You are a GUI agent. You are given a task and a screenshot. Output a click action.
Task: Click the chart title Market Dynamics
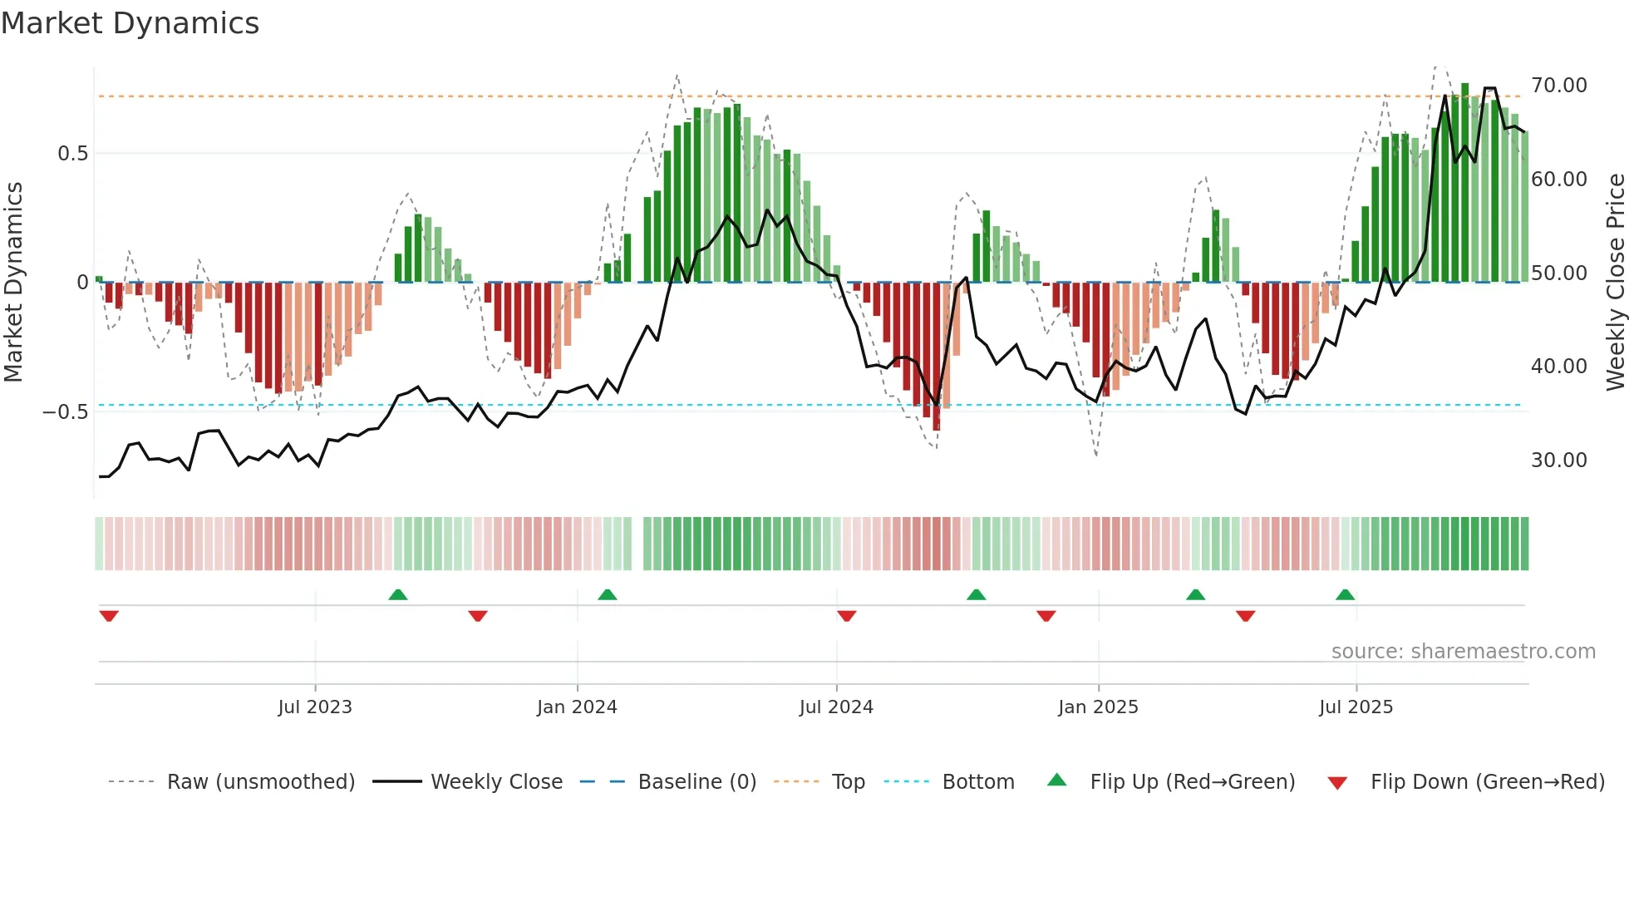[x=130, y=23]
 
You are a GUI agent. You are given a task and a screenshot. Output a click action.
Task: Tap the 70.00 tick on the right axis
[x=1558, y=86]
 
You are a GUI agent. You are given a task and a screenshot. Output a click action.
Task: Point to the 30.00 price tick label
[x=1558, y=460]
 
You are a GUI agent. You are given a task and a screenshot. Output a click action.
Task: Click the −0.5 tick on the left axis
[x=65, y=412]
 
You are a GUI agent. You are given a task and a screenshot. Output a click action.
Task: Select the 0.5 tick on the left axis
[x=72, y=154]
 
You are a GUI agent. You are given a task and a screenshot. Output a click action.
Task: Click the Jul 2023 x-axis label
[x=315, y=707]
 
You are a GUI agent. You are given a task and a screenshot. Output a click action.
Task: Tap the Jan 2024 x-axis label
[x=577, y=707]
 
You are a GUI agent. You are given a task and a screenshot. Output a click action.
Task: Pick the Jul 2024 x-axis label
[x=836, y=707]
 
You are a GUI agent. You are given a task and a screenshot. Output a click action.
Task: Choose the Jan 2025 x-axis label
[x=1098, y=707]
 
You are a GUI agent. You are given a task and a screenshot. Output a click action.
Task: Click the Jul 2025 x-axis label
[x=1356, y=707]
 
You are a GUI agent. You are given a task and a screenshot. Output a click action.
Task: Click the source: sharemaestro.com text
[x=1463, y=652]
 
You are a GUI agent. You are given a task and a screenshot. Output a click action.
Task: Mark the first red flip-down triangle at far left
[x=109, y=616]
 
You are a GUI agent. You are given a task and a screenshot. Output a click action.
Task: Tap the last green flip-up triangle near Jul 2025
[x=1345, y=594]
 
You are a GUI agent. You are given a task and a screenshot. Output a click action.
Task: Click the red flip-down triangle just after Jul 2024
[x=846, y=616]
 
